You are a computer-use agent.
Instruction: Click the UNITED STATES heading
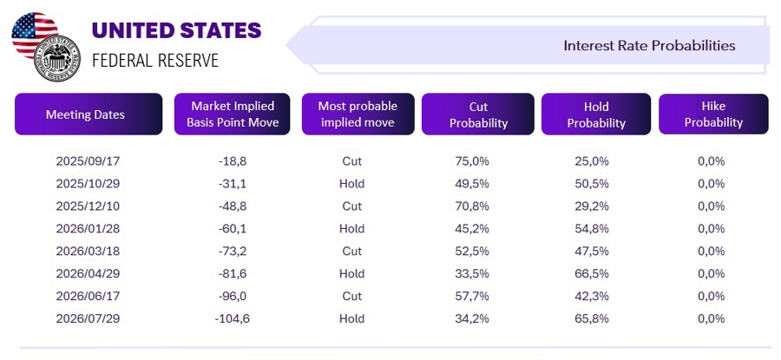point(176,31)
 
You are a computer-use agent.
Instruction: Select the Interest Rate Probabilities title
point(649,45)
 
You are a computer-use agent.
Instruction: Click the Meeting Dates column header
point(85,115)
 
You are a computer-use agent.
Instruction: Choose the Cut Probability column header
point(477,115)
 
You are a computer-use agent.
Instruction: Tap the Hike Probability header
point(713,115)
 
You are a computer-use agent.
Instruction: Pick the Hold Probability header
point(596,115)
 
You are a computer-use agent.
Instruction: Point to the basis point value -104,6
point(232,319)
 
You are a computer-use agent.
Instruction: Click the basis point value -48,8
point(232,206)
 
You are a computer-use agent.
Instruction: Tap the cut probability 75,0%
point(472,161)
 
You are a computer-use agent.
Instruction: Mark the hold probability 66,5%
point(592,274)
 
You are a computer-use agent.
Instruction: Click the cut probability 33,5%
point(472,274)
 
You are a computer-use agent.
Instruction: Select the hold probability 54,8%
point(592,229)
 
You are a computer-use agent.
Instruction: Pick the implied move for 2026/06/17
point(351,297)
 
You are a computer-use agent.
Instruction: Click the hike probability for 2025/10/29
point(711,184)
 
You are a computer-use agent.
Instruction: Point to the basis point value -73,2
point(232,252)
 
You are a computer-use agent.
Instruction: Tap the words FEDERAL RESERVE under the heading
point(155,61)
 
